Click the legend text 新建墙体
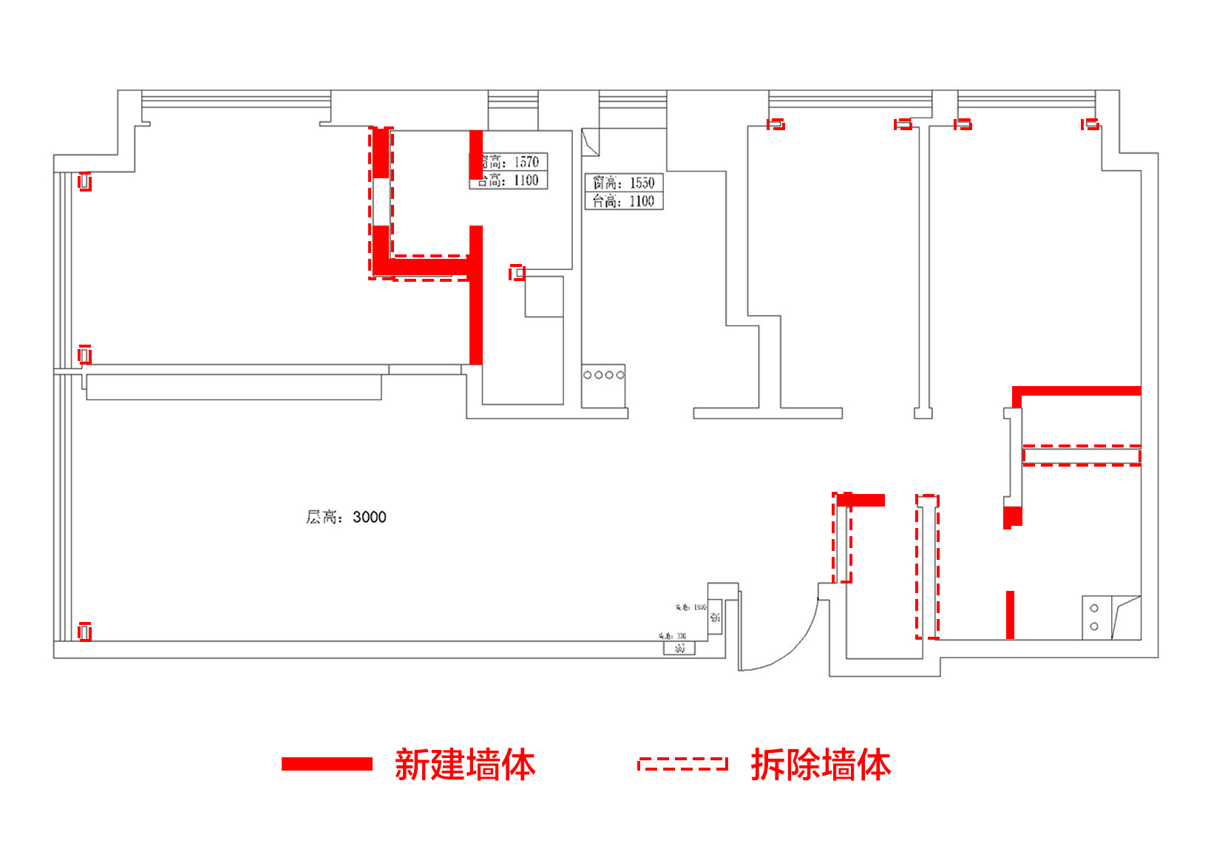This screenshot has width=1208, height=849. pos(464,765)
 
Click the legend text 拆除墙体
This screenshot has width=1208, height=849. pos(821,765)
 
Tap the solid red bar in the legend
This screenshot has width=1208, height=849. pos(327,764)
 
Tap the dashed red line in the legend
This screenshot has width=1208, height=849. pos(682,764)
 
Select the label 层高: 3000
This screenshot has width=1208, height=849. pos(346,517)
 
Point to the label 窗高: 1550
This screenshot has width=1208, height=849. pos(624,183)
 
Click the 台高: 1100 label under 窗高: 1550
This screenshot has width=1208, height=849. pos(624,201)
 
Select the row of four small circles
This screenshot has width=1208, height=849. pos(603,375)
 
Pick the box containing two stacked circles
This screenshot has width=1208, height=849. pos(1094,618)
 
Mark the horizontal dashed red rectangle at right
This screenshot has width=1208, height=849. pos(1082,456)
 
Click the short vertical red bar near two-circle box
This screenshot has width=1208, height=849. pos(1010,615)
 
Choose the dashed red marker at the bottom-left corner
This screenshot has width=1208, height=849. pos(85,632)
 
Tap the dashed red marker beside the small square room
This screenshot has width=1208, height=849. pos(517,273)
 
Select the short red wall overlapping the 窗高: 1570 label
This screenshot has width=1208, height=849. pos(476,155)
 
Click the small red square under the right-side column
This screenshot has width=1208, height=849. pos(1012,517)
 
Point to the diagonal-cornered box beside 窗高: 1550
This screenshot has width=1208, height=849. pos(590,143)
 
